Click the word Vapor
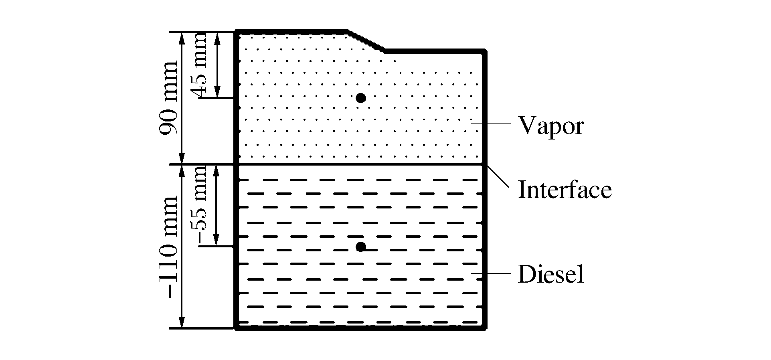pos(551,126)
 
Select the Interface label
pos(565,189)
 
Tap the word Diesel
pos(550,275)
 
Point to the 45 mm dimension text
pos(199,64)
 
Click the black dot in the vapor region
pos(361,98)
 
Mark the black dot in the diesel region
pos(361,247)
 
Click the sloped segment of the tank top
pos(366,41)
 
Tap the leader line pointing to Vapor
pos(491,125)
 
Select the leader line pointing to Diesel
pos(491,274)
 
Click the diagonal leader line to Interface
pos(497,176)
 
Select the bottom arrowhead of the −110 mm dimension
pos(182,323)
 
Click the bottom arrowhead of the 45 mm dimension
pos(217,93)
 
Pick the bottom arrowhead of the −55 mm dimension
pos(217,241)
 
